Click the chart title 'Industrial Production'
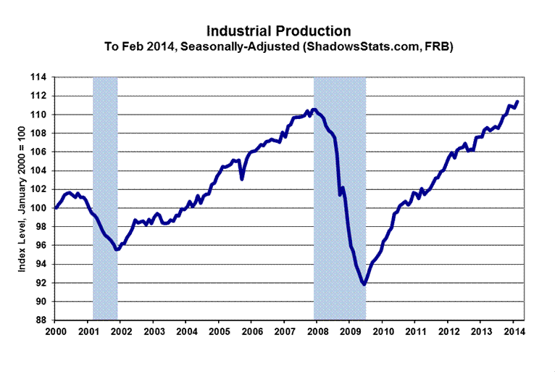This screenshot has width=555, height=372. tap(279, 31)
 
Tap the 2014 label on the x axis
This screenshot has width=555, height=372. tap(514, 332)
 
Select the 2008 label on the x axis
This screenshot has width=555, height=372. tap(317, 332)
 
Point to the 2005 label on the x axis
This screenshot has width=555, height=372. tap(219, 332)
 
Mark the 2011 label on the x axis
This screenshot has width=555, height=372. tap(415, 332)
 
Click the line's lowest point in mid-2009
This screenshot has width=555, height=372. tap(364, 284)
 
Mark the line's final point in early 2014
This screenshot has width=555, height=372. tap(517, 102)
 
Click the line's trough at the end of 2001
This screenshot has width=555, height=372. tap(117, 249)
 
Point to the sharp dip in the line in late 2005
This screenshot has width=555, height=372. tap(242, 178)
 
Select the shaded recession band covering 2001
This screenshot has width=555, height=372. tap(105, 196)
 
